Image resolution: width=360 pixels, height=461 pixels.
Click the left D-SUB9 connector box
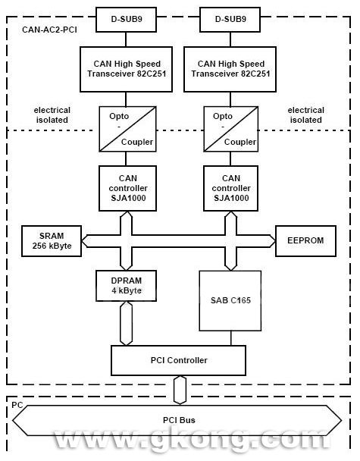[x=126, y=20]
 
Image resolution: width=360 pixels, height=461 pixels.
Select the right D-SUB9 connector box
[x=230, y=20]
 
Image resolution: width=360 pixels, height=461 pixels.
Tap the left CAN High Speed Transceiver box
[x=126, y=69]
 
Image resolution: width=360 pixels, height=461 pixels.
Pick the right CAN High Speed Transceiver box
[x=230, y=69]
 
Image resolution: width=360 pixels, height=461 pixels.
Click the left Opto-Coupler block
[x=127, y=129]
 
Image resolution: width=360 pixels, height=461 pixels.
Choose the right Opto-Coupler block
[x=231, y=129]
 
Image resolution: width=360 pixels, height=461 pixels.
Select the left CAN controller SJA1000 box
[x=127, y=188]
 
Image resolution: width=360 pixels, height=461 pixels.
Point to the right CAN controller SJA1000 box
[x=231, y=188]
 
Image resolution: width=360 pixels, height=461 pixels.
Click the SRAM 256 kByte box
[x=52, y=241]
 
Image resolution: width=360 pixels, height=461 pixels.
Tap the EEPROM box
[x=305, y=241]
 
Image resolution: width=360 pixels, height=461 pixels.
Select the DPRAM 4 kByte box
[x=126, y=286]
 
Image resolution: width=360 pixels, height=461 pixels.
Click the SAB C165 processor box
[x=230, y=301]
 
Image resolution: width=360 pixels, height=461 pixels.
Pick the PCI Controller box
[x=178, y=360]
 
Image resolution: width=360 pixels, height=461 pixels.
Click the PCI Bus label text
[x=179, y=420]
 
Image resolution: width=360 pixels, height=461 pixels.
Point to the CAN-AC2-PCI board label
[x=49, y=30]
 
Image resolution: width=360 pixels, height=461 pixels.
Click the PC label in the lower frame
[x=17, y=405]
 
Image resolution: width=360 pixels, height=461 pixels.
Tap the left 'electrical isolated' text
[x=52, y=115]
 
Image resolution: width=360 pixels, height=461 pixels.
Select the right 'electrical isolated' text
[x=306, y=115]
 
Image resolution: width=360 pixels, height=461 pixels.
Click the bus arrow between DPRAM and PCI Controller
[x=126, y=324]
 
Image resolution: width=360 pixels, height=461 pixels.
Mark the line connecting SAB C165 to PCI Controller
[x=231, y=338]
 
